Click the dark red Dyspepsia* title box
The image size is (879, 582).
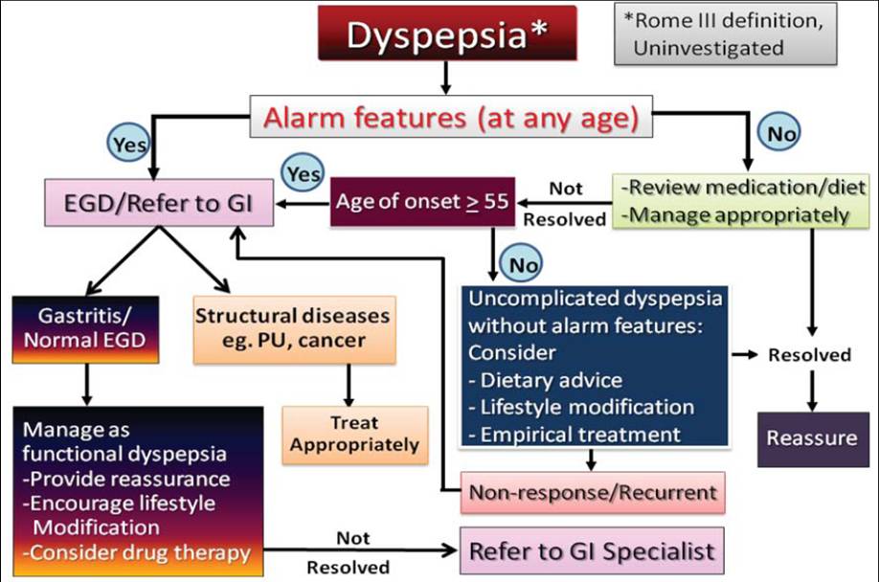448,36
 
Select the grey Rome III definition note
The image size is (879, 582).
735,34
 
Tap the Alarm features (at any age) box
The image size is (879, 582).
451,118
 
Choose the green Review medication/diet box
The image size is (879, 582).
733,202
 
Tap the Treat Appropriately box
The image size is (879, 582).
354,434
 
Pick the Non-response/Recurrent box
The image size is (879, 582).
593,493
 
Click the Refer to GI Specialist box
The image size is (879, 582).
592,550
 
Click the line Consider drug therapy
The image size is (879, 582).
137,552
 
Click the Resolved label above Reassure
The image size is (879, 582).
809,354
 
